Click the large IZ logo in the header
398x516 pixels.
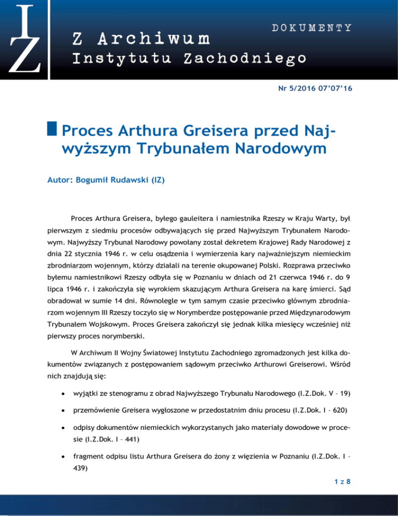click(x=23, y=39)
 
